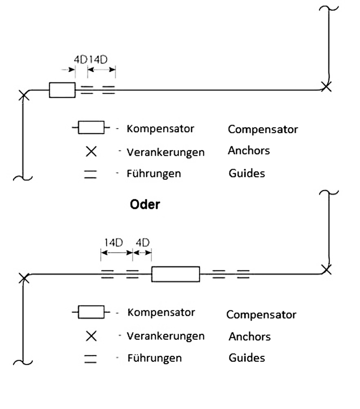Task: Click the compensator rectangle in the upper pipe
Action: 62,90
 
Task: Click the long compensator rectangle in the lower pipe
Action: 175,274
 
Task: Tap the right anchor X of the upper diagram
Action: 326,87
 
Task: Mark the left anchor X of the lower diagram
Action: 24,278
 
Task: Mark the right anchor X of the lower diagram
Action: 326,269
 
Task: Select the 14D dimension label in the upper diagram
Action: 99,59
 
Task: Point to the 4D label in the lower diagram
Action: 142,243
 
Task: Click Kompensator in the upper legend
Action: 160,129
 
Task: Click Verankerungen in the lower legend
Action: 166,336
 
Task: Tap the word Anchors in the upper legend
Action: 249,150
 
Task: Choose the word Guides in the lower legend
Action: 247,358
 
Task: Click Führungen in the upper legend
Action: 153,173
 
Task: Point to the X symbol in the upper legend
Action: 91,152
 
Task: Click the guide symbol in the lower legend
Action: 90,359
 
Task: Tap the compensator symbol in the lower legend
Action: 91,311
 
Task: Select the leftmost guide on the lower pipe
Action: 107,274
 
